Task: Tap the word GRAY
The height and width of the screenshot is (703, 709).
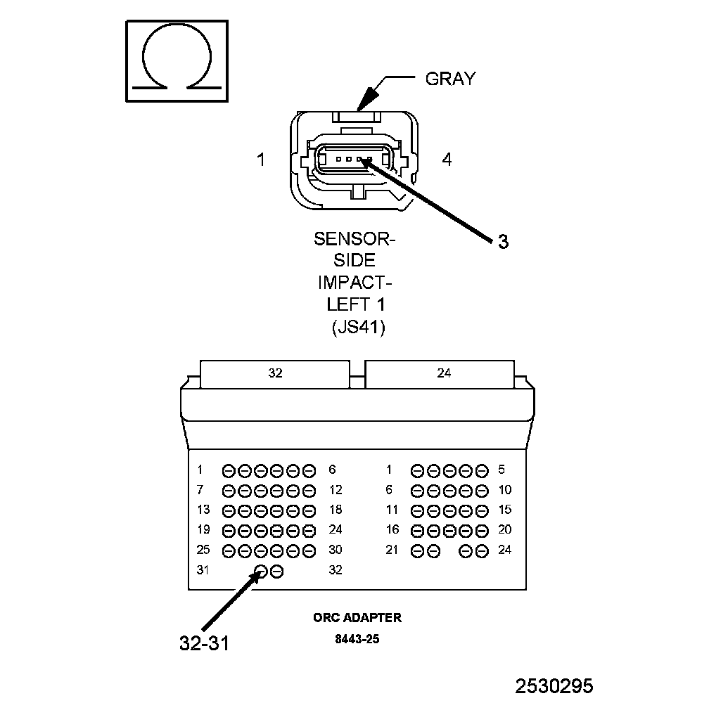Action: pos(450,79)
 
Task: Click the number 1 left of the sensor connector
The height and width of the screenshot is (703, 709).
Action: pos(261,160)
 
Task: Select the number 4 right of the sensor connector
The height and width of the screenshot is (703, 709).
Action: pos(447,160)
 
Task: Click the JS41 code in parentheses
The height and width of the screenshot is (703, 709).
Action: pos(357,328)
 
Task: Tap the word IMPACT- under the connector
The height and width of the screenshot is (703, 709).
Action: pos(354,283)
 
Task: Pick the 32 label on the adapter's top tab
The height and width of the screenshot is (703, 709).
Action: pos(275,373)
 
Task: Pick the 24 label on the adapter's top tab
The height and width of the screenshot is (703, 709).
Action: pos(444,373)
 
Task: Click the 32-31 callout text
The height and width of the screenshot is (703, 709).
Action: pos(204,643)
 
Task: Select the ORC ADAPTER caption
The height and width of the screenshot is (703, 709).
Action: pos(357,618)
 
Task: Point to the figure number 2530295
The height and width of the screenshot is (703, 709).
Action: pos(554,685)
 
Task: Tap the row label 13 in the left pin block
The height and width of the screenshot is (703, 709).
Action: pos(203,510)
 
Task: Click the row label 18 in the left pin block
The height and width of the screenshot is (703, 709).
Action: pos(336,510)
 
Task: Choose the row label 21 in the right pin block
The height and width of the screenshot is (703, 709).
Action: pos(392,550)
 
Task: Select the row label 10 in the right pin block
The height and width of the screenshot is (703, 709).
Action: pos(504,490)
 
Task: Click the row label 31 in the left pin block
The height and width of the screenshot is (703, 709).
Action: pos(203,570)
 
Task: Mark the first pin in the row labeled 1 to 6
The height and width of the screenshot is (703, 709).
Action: pos(229,470)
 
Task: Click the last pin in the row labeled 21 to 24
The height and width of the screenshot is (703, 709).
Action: pos(482,550)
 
